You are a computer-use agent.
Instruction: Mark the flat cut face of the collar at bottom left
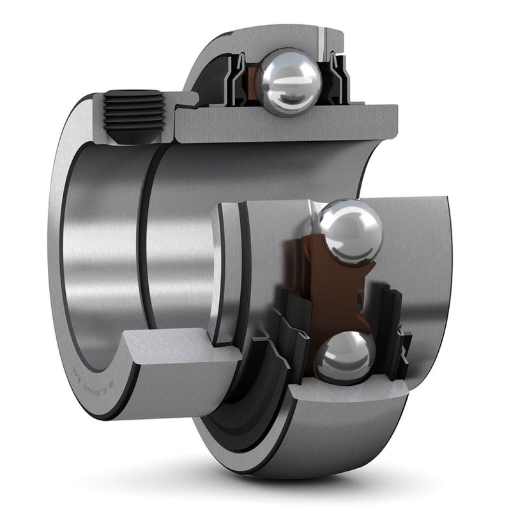(172, 351)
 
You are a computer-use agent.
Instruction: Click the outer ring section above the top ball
(281, 40)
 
